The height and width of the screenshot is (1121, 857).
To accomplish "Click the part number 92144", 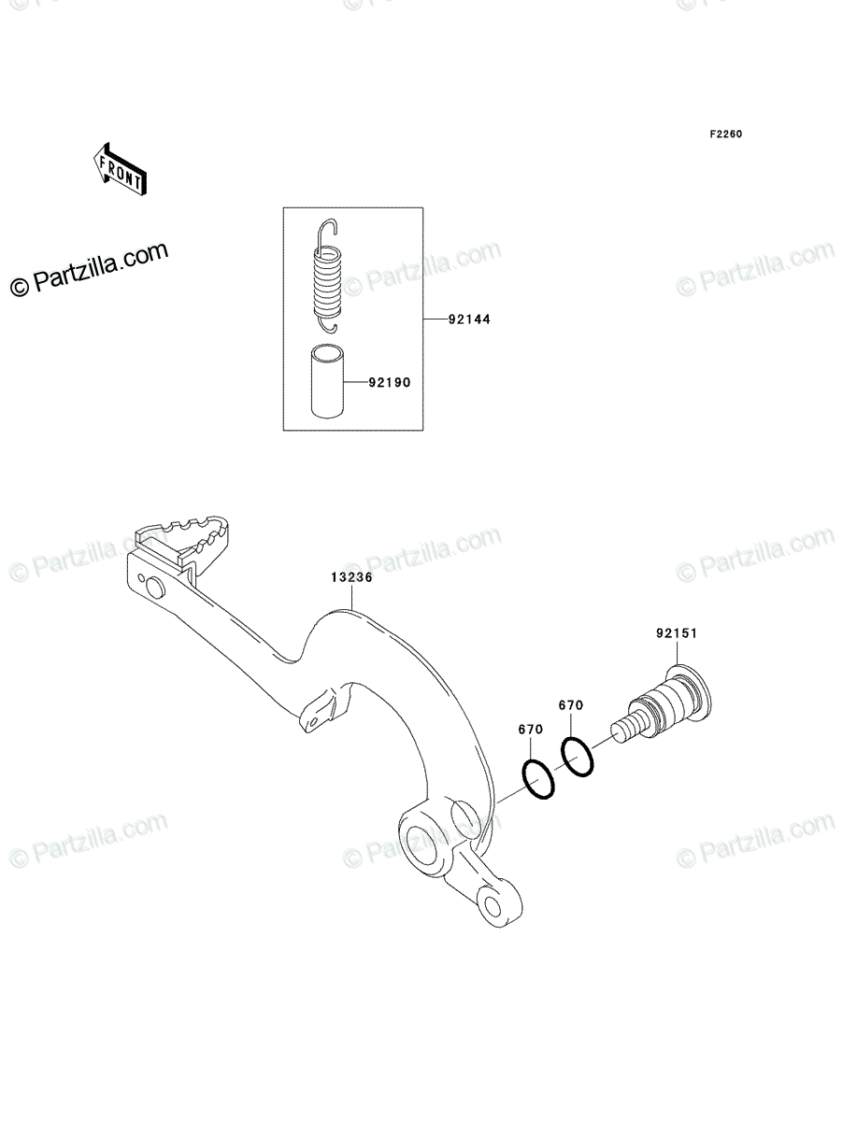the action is pos(469,319).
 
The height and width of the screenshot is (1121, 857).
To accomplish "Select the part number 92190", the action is pos(390,382).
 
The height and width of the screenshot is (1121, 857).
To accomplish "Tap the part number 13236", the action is pos(351,577).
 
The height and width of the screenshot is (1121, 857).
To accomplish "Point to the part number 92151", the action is pos(677,633).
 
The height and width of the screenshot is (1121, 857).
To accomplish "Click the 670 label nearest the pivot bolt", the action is pos(571,705).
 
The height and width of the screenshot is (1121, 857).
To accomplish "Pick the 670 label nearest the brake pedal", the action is pos(531,730).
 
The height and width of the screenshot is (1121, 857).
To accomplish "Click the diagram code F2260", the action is pos(726,135).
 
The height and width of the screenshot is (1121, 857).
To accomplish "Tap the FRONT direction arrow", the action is pos(120,169).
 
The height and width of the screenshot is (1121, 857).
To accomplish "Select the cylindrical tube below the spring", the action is pos(327,381).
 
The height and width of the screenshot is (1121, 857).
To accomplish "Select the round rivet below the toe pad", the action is pos(155,588).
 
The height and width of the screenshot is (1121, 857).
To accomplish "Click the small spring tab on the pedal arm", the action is pos(319,713).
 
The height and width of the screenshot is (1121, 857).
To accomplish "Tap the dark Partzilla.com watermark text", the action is pos(90,269).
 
